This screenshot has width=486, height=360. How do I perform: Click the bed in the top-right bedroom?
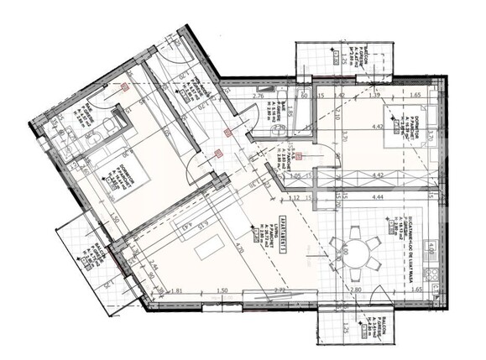point(408,133)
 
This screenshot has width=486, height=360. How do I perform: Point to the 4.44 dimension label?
point(375,196)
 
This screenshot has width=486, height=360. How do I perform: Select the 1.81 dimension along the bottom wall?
point(177,291)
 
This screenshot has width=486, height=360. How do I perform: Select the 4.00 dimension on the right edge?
point(431,248)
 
